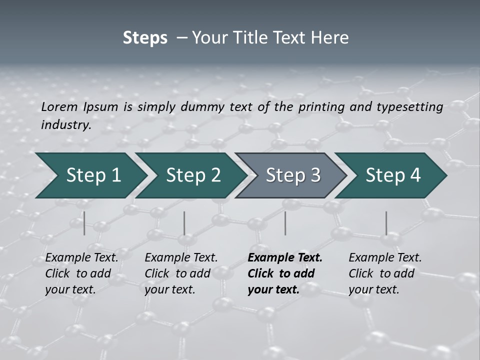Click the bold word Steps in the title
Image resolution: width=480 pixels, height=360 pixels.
(x=145, y=38)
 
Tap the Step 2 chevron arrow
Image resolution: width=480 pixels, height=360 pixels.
(x=190, y=175)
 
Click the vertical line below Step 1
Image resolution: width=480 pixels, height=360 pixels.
(x=84, y=223)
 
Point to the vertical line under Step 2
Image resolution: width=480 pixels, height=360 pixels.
(x=184, y=223)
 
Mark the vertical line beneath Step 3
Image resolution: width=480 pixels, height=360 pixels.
(x=285, y=223)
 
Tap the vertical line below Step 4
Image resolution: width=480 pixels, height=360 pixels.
(x=386, y=223)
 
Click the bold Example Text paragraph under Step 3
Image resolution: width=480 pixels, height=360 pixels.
(x=285, y=273)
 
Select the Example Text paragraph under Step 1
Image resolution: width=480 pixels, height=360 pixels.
(x=81, y=273)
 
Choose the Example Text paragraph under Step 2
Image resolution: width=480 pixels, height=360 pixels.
(x=181, y=273)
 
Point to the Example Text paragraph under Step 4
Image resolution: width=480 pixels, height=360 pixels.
(x=385, y=273)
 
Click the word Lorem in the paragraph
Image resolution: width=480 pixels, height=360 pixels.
(x=59, y=107)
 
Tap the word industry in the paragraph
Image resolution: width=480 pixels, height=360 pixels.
(x=65, y=125)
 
